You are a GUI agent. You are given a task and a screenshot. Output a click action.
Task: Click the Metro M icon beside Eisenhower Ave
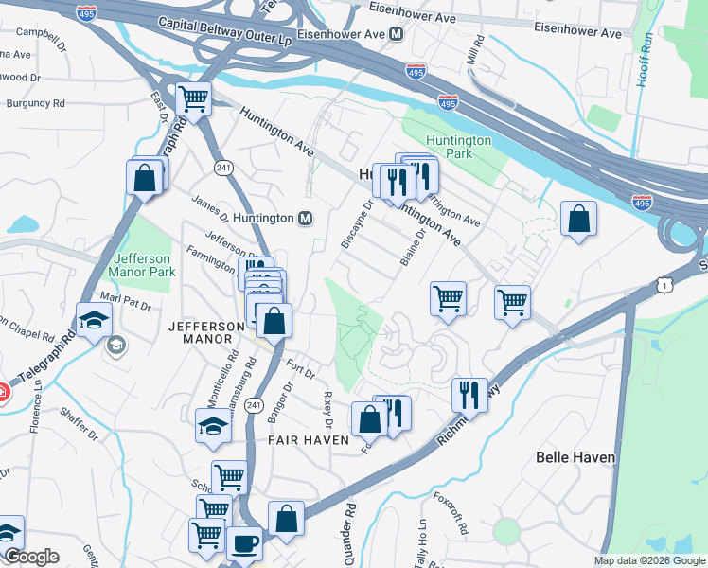[x=396, y=33]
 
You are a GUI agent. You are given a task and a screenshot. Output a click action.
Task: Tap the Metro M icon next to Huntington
[x=306, y=218]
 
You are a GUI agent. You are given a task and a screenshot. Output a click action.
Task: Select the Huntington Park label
[x=458, y=147]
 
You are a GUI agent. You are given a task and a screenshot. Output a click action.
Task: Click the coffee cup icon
[x=245, y=543]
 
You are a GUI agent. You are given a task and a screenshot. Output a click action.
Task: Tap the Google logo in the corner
[x=30, y=557]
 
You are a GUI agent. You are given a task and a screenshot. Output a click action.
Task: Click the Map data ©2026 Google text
[x=649, y=560]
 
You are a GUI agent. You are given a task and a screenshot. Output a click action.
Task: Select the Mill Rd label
[x=475, y=51]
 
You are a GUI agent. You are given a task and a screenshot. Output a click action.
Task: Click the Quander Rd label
[x=349, y=530]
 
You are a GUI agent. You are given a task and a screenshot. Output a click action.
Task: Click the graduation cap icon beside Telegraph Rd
[x=94, y=321]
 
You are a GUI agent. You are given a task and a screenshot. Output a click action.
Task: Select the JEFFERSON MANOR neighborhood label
[x=206, y=326]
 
